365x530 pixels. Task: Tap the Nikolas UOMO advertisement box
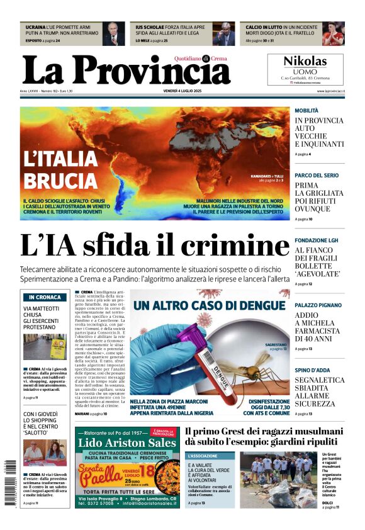[305, 69]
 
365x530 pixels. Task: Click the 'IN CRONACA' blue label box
[45, 297]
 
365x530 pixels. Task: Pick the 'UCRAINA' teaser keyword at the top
[35, 28]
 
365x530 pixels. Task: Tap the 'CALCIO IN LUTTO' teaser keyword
[263, 28]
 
